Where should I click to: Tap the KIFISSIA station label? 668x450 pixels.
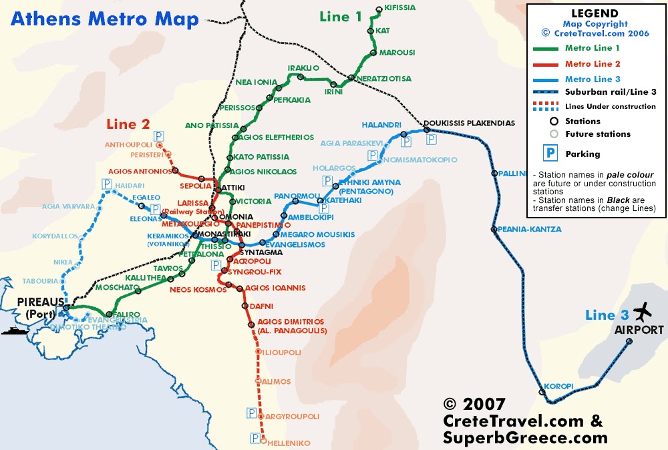tap(400, 8)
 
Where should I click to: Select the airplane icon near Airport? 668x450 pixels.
tap(643, 311)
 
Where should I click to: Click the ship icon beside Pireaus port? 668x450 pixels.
tap(13, 330)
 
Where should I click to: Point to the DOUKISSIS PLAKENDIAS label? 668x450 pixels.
tap(468, 123)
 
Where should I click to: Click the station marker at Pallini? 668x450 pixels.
tap(495, 173)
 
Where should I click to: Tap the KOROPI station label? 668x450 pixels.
tap(558, 386)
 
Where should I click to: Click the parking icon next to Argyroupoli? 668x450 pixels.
tap(252, 413)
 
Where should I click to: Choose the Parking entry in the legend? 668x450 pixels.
tap(582, 154)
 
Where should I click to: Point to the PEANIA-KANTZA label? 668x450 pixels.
tap(530, 229)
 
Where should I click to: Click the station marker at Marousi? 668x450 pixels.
tap(373, 52)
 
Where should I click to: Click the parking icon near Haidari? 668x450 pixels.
tap(107, 184)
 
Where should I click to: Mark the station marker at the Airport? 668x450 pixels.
tap(629, 341)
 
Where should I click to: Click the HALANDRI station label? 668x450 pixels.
tap(381, 125)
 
